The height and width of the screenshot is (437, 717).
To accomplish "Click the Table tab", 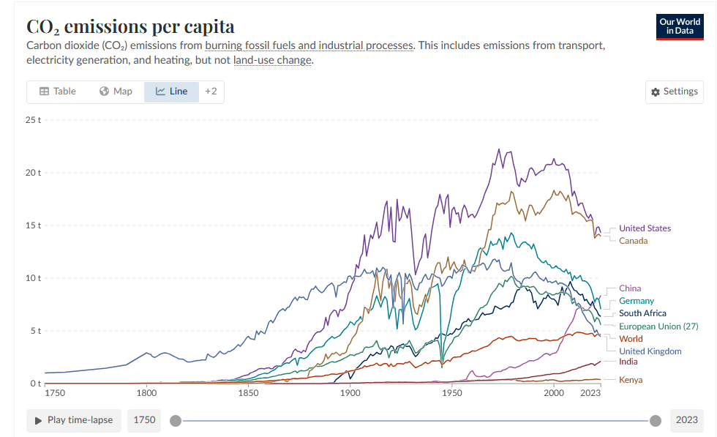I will tap(57, 91).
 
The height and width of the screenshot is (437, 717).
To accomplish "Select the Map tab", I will tap(116, 91).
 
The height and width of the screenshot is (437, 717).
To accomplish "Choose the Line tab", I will tap(172, 91).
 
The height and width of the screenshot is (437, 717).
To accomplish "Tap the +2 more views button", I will tap(211, 91).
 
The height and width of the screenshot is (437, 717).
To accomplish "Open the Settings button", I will tap(674, 91).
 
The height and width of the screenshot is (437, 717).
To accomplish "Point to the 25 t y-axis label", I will tap(34, 119).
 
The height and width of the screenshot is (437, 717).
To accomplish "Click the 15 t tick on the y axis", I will tap(34, 225).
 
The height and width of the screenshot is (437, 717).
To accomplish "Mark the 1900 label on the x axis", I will tap(350, 393).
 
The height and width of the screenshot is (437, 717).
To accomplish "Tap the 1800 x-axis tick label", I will tap(146, 393).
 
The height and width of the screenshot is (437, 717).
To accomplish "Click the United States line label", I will tap(645, 228).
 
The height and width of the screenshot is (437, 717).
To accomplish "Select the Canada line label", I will tap(633, 241).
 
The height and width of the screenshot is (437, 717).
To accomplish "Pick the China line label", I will tap(629, 288).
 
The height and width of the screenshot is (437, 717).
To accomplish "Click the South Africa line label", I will tap(642, 313).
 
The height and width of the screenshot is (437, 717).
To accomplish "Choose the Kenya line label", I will tap(631, 380).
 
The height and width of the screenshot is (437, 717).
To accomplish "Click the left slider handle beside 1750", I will tap(175, 420).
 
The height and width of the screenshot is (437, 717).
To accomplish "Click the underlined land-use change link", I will tap(273, 60).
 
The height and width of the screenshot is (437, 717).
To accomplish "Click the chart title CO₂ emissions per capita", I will tap(130, 26).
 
